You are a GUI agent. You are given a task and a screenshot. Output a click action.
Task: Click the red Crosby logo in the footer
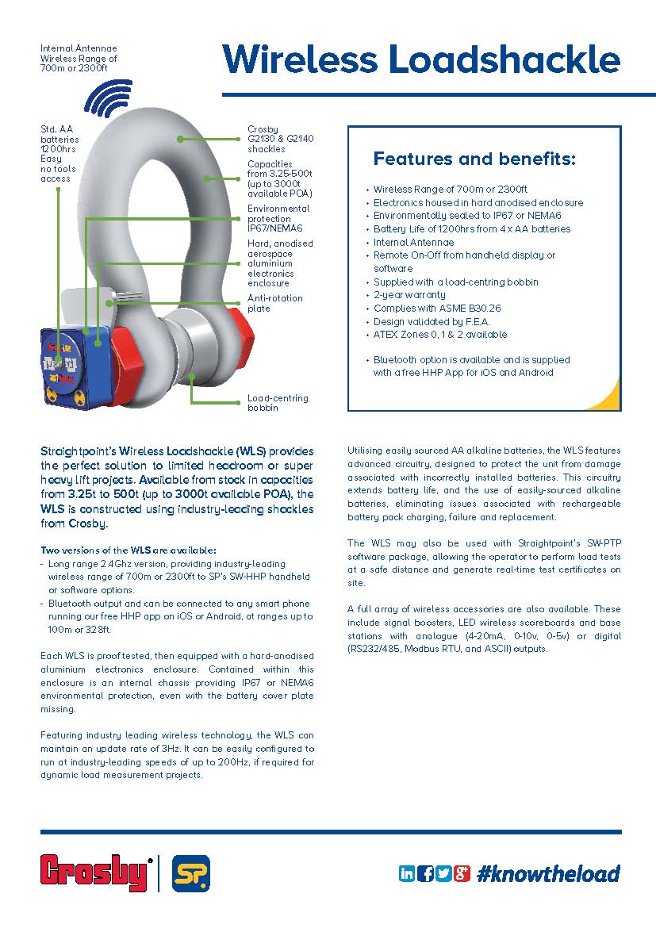pyautogui.click(x=96, y=873)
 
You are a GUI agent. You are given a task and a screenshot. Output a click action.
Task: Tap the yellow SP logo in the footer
pyautogui.click(x=190, y=873)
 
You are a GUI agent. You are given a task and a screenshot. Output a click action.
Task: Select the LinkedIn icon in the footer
pyautogui.click(x=407, y=873)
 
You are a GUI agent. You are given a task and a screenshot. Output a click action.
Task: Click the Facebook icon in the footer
pyautogui.click(x=425, y=873)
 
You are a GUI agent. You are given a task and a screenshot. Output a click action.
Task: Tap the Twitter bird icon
pyautogui.click(x=443, y=873)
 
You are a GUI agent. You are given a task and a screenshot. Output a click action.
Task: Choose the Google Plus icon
pyautogui.click(x=462, y=873)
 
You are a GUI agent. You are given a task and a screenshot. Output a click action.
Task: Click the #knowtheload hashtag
pyautogui.click(x=548, y=873)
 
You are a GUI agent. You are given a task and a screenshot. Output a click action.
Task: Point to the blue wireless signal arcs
pyautogui.click(x=107, y=98)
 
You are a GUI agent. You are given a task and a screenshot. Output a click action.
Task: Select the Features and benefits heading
pyautogui.click(x=474, y=159)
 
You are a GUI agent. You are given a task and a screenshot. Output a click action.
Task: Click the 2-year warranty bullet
pyautogui.click(x=409, y=295)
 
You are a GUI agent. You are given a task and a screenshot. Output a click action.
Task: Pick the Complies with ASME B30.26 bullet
pyautogui.click(x=437, y=308)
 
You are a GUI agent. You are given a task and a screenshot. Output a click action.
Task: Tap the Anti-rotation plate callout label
pyautogui.click(x=270, y=303)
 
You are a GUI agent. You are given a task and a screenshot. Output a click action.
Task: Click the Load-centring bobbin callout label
pyautogui.click(x=278, y=403)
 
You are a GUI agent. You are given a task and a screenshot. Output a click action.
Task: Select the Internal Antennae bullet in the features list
pyautogui.click(x=414, y=242)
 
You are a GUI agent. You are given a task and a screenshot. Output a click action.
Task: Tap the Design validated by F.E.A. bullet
pyautogui.click(x=432, y=321)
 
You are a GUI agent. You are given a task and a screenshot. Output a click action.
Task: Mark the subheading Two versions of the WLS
pyautogui.click(x=128, y=550)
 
